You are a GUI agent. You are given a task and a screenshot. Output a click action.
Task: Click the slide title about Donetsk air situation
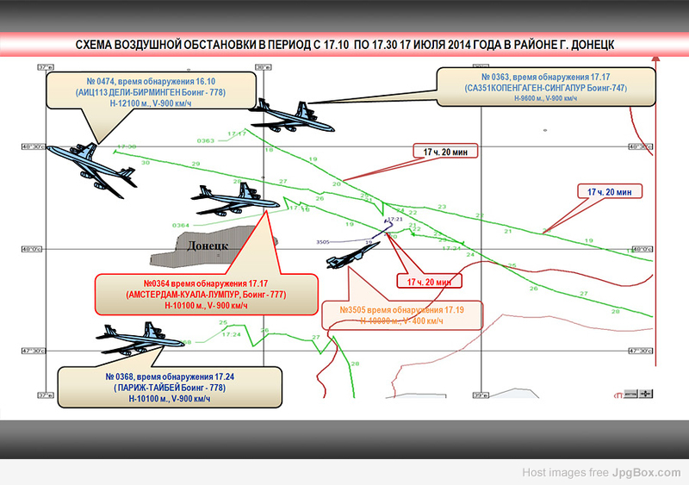[344, 44]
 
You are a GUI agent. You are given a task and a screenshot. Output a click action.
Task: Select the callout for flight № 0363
[546, 88]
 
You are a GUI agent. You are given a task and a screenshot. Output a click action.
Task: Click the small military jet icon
[351, 256]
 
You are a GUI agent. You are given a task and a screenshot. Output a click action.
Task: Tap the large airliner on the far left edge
[91, 165]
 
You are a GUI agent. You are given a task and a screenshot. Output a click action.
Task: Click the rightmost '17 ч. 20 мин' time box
[609, 191]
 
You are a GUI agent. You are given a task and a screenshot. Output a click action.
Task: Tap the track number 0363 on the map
[205, 140]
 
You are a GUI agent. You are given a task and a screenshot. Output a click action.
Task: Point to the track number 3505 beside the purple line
[324, 242]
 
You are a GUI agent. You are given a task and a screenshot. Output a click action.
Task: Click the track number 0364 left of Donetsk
[181, 225]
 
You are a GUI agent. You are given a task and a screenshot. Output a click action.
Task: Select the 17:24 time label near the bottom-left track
[231, 334]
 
